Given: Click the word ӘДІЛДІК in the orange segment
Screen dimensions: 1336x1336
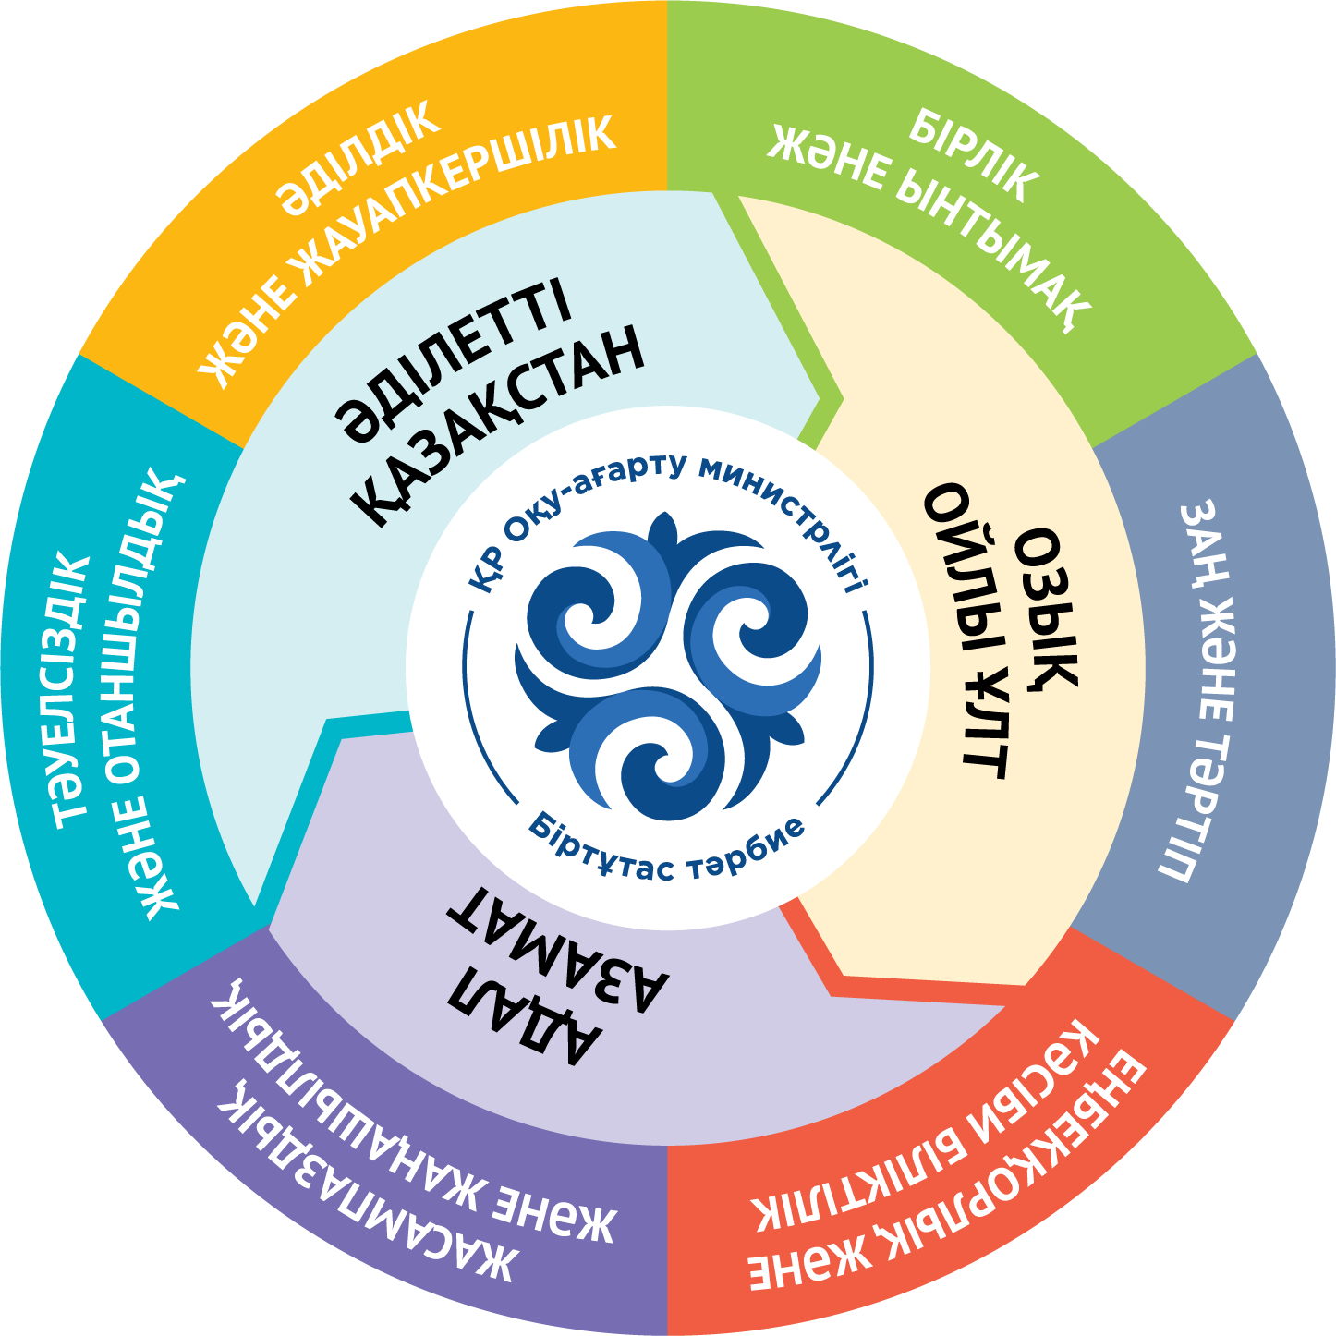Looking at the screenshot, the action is point(359,157).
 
